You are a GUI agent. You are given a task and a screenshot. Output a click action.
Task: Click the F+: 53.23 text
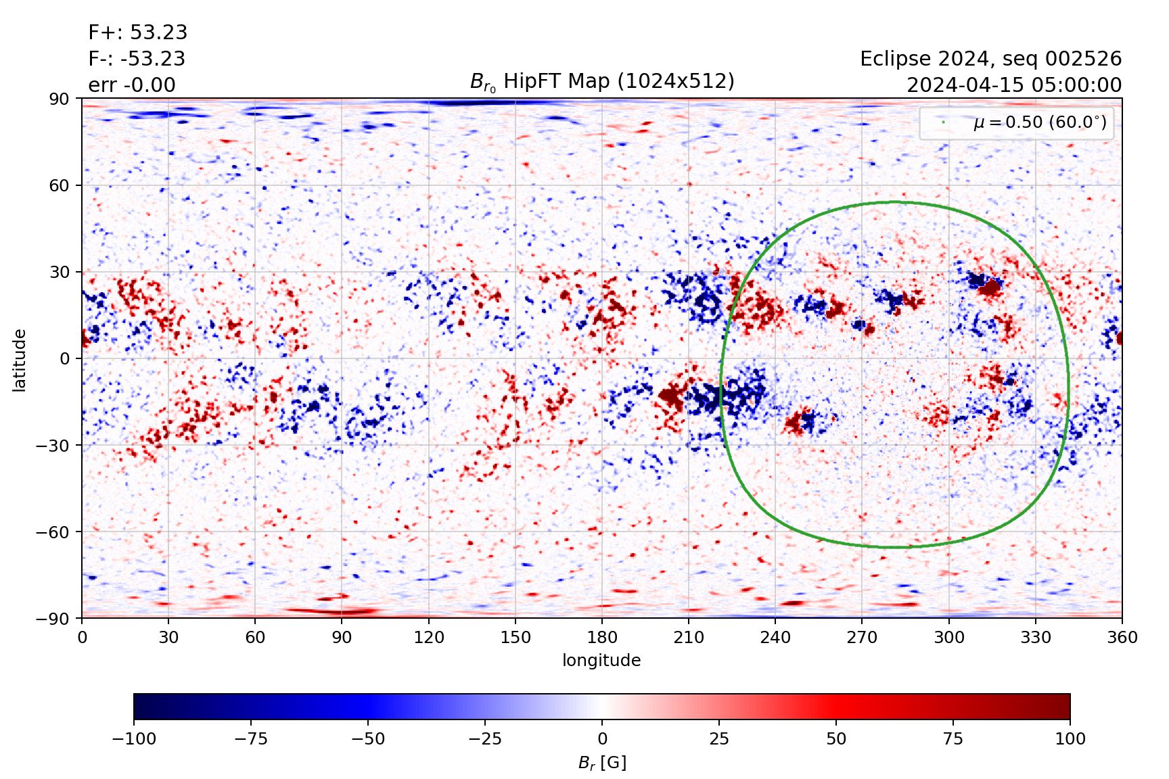tap(137, 32)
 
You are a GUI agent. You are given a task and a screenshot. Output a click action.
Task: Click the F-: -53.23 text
tap(137, 59)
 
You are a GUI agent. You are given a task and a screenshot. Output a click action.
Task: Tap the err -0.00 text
tap(132, 85)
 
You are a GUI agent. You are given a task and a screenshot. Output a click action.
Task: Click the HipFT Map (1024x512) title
tap(602, 82)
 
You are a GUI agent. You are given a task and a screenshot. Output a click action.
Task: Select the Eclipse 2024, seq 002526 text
tap(990, 59)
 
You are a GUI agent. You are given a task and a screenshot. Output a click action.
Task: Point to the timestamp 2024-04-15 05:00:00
tap(1013, 85)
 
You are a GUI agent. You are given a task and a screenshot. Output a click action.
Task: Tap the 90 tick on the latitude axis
tap(59, 99)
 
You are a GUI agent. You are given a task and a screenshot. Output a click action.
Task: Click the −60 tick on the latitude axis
tap(53, 532)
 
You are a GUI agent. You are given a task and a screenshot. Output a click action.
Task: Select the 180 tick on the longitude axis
tap(602, 637)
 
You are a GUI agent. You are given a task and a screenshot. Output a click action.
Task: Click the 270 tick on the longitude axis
tap(862, 637)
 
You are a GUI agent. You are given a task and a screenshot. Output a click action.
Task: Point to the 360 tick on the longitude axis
tap(1122, 637)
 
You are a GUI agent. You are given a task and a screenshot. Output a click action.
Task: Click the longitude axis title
tap(601, 660)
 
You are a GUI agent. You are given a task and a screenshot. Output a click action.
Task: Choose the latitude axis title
tap(20, 359)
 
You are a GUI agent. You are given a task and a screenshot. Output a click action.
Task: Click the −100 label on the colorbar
tap(134, 738)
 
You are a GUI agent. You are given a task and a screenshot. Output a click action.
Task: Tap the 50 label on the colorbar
tap(836, 738)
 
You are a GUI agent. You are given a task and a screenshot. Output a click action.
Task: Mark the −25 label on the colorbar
tap(485, 738)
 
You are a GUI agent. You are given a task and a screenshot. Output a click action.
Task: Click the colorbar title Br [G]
tap(602, 763)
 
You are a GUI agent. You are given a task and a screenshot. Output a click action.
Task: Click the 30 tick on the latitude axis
tap(59, 272)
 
